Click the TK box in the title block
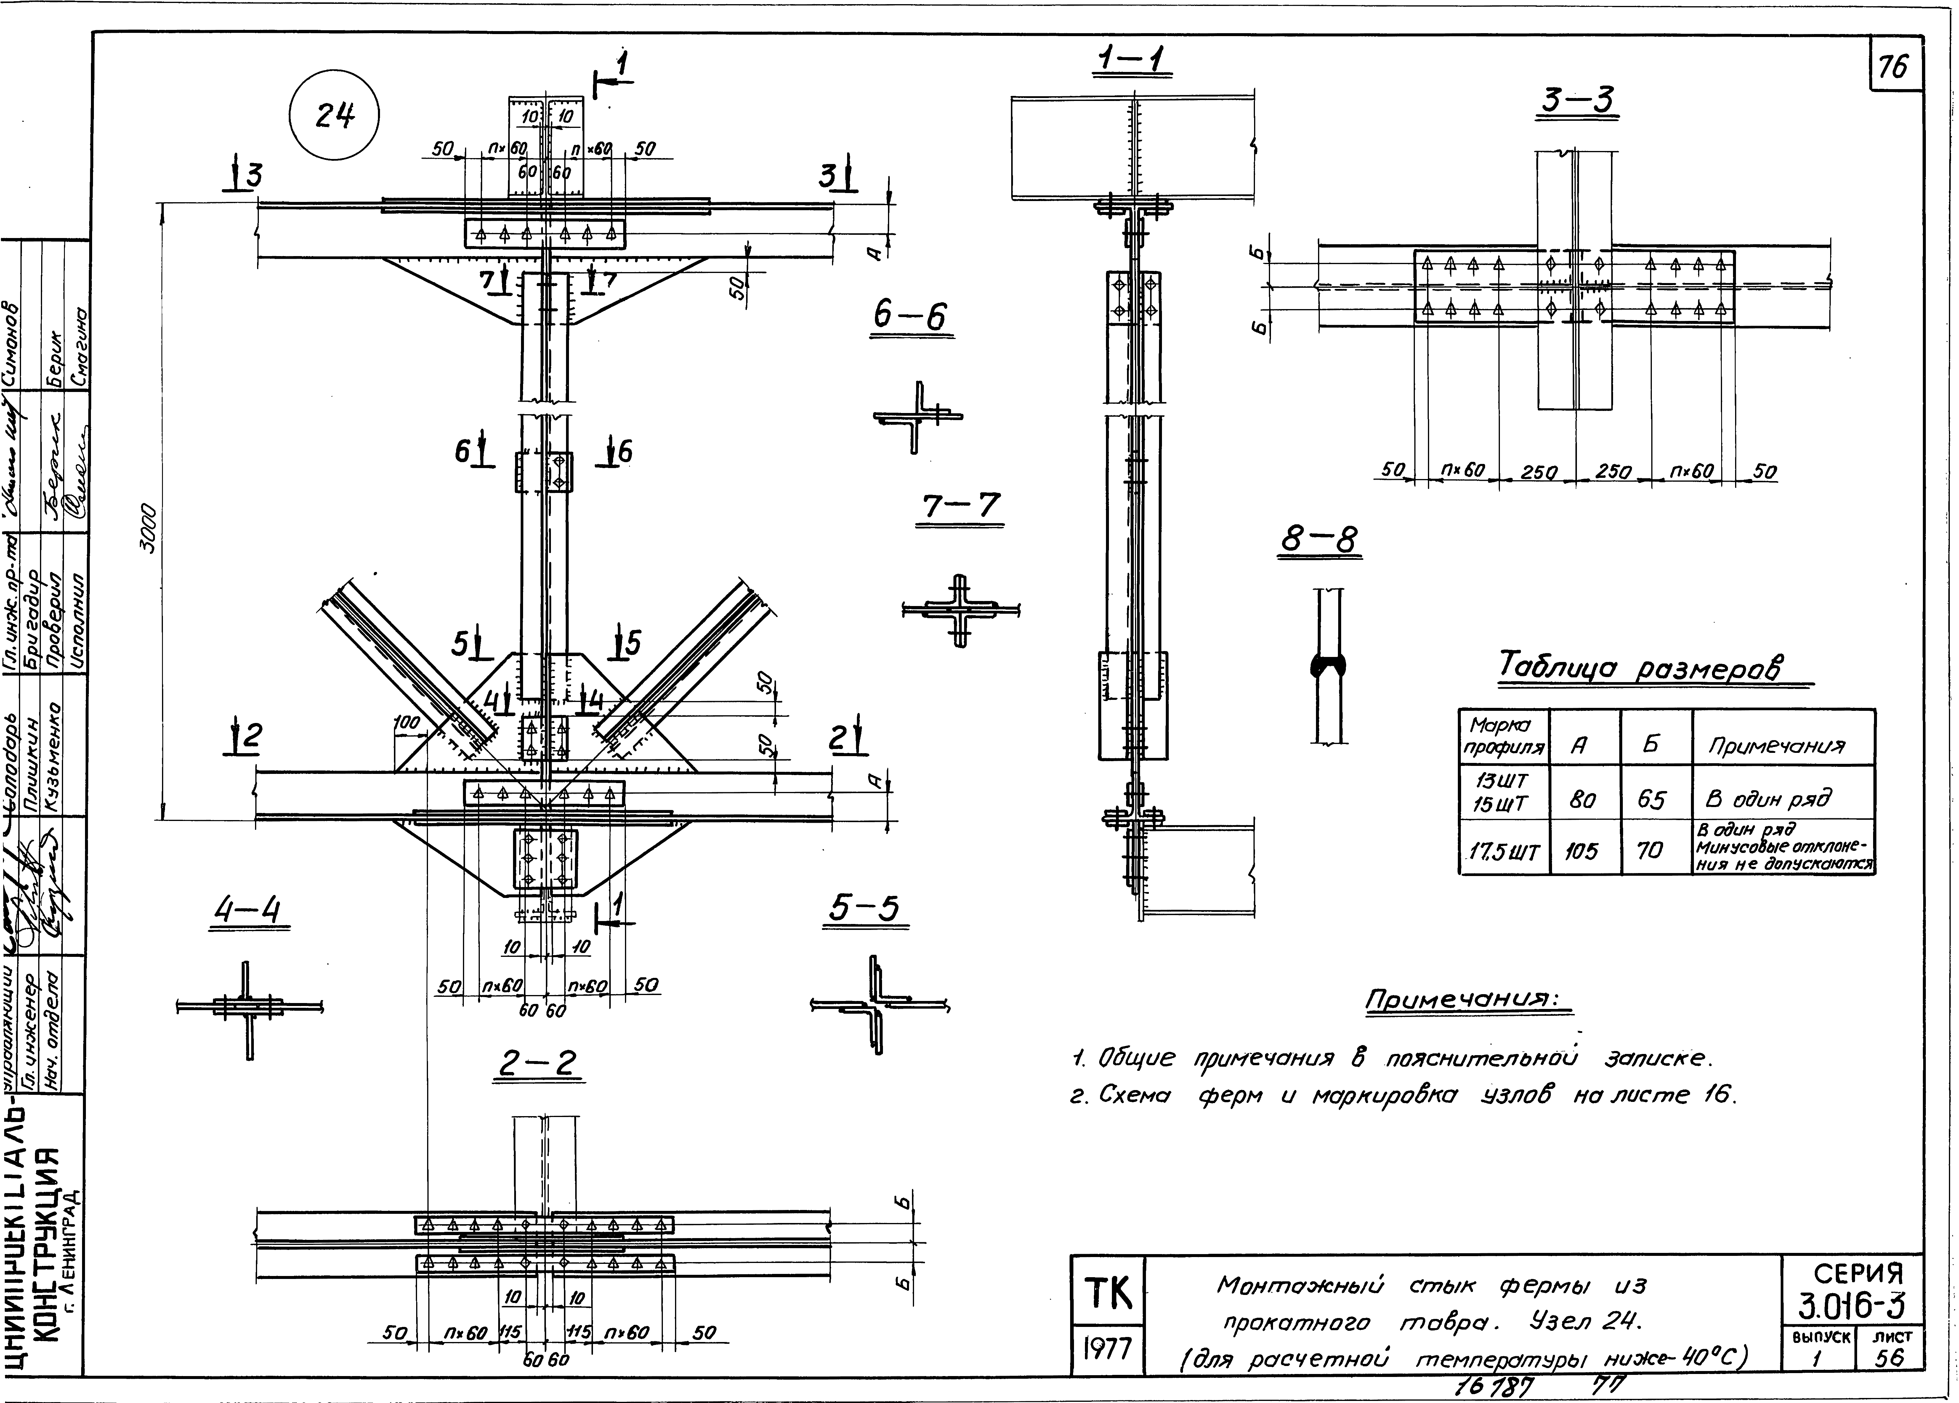click(1107, 1293)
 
